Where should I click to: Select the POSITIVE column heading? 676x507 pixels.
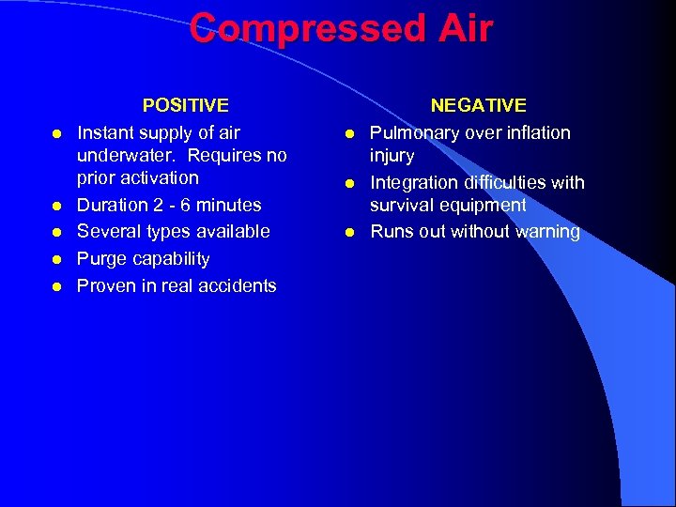pos(185,106)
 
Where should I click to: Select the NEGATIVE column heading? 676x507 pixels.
pos(478,106)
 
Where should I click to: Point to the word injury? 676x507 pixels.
pos(392,156)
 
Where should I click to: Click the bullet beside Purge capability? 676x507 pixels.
pos(57,259)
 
